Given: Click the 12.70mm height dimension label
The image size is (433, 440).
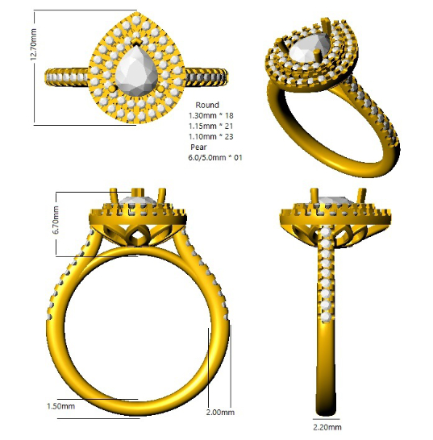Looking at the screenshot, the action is point(33,44).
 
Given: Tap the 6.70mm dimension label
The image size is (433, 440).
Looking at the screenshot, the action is point(56,220).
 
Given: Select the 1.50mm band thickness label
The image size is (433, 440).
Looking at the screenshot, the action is point(60,406).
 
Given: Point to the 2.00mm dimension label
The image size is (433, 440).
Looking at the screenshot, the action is point(220,413).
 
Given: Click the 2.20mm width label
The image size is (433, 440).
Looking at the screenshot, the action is point(327,427).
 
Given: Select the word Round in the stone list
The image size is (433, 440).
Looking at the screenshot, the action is point(207,105).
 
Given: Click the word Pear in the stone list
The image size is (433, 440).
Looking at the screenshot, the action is point(198,147).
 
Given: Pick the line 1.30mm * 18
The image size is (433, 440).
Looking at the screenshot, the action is point(211,115).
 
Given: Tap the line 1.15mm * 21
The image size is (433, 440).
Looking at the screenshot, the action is point(211,126).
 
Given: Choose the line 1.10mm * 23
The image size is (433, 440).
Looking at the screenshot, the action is point(211,136).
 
